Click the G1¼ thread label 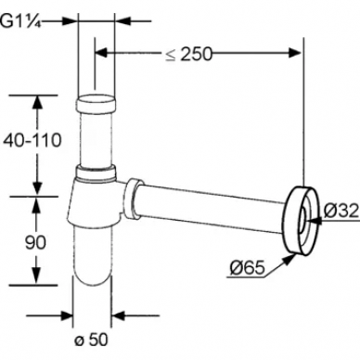(20, 21)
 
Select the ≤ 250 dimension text (189, 54)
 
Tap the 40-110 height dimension (32, 141)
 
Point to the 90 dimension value (35, 234)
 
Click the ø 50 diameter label (91, 340)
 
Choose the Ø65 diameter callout (248, 267)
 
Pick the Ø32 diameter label (341, 211)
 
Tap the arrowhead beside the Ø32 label (314, 221)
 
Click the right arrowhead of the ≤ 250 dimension (294, 53)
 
